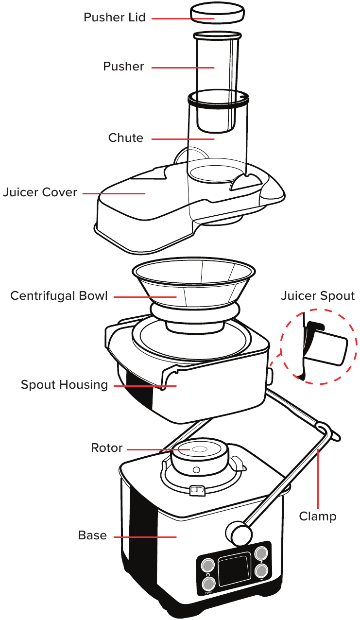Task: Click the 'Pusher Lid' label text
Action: tap(115, 18)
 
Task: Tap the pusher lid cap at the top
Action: tap(217, 12)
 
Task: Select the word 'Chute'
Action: tap(126, 138)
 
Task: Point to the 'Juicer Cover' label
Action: tap(40, 192)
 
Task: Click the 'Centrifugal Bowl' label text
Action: tap(59, 296)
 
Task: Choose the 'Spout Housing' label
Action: tap(64, 385)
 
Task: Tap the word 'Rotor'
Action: tap(107, 448)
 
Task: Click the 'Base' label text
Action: tap(92, 535)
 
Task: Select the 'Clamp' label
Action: tap(318, 517)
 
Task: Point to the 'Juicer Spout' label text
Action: tap(318, 296)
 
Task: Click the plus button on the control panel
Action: tap(262, 553)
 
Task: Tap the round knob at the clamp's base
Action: tap(240, 533)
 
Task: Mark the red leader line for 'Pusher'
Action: tap(183, 67)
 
